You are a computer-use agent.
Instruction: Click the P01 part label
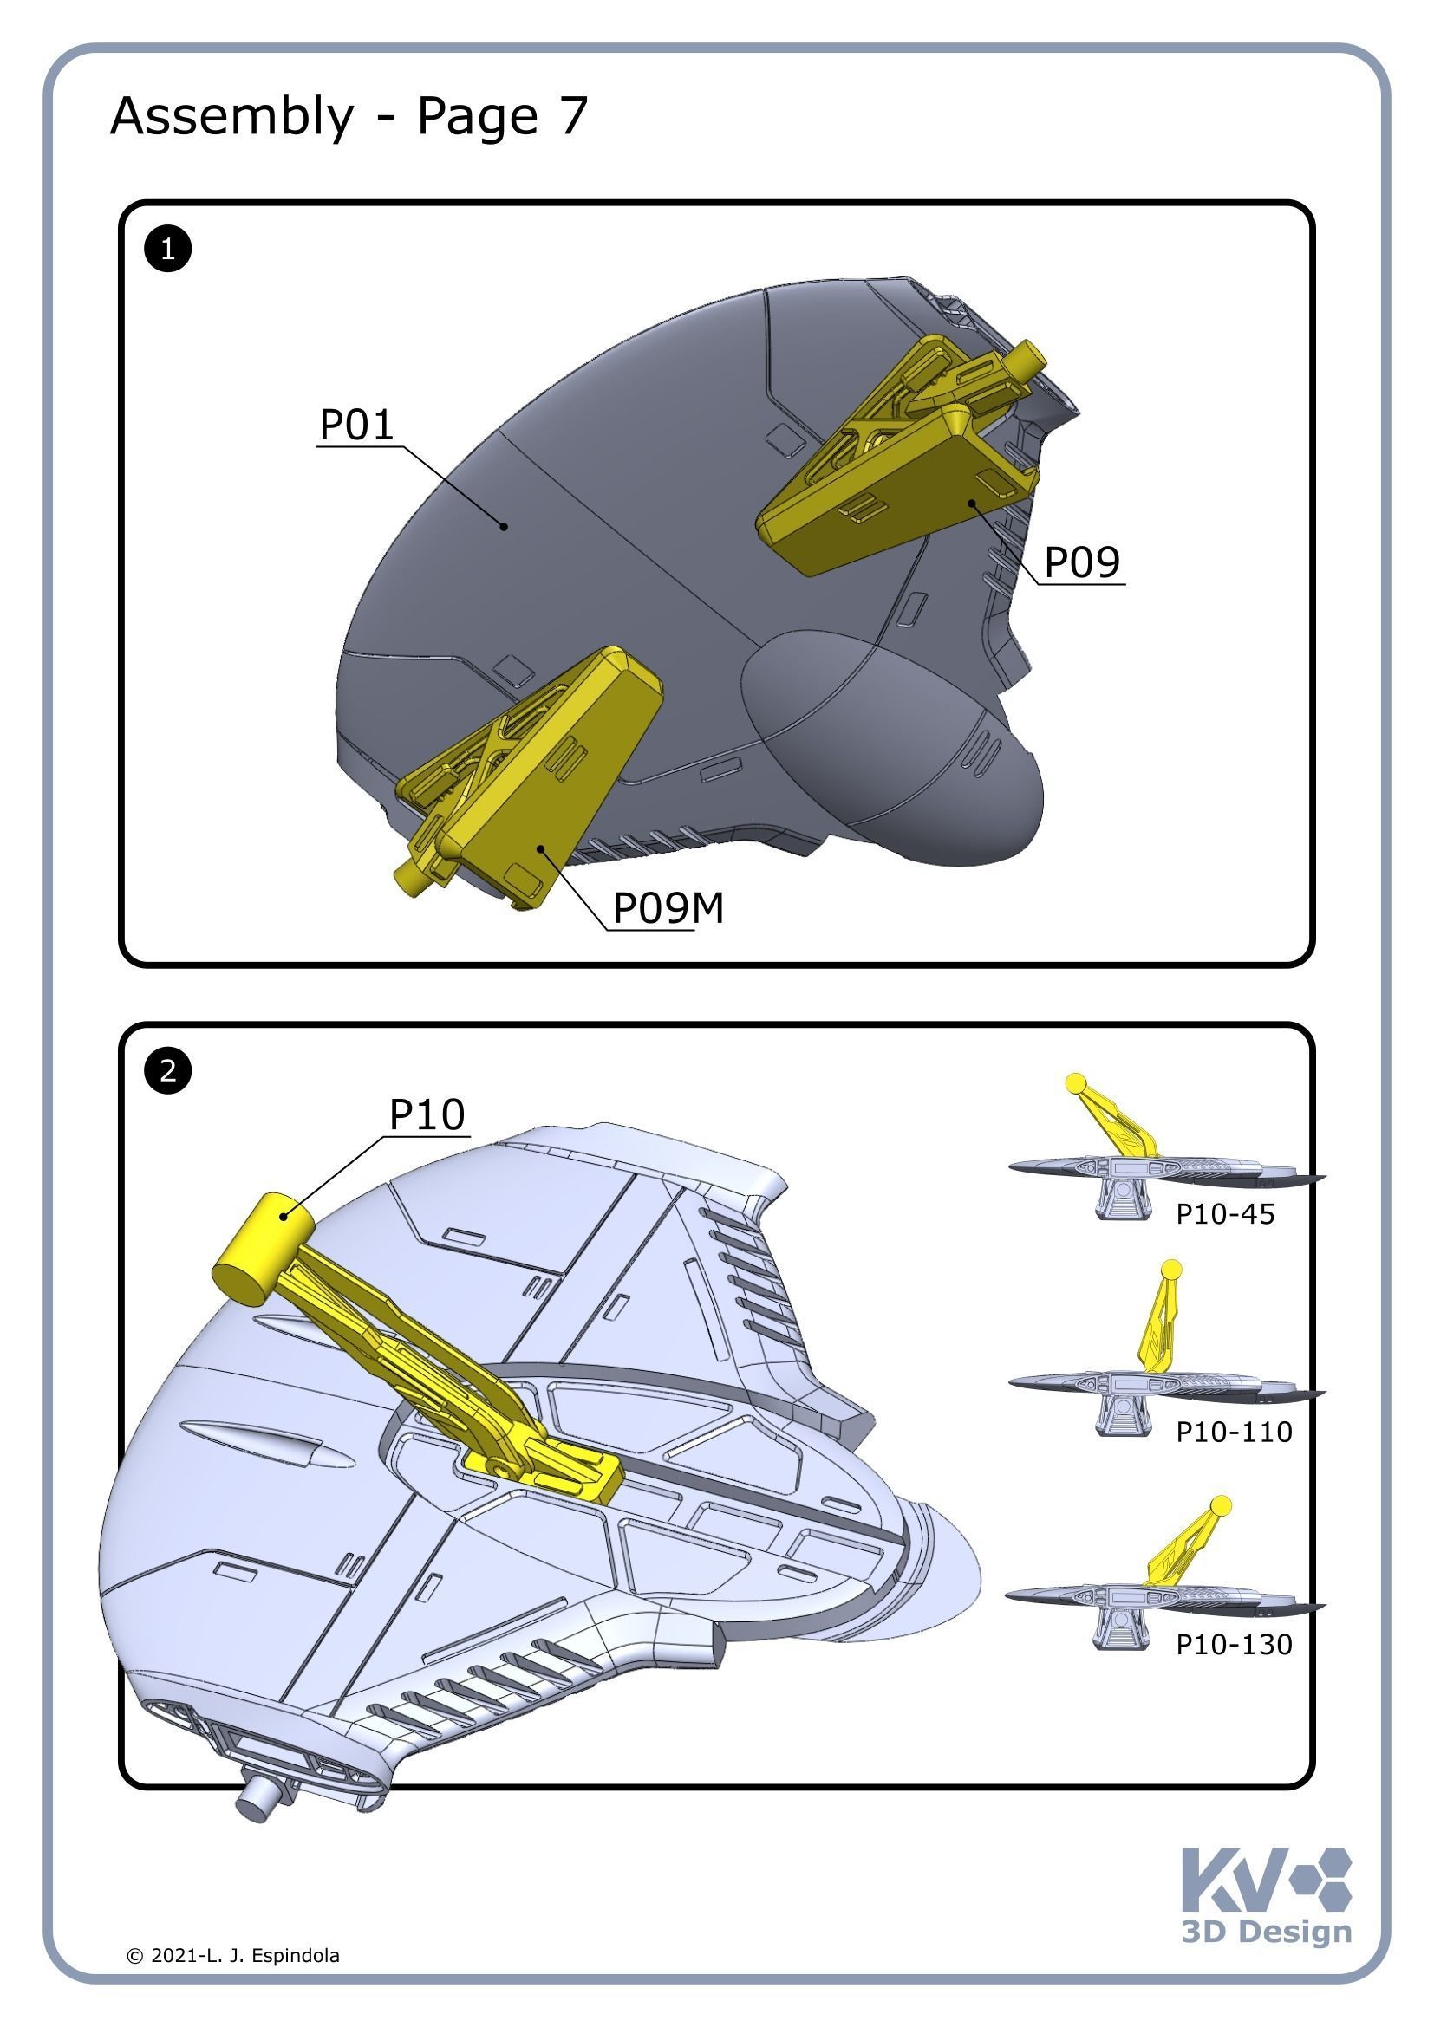click(x=355, y=425)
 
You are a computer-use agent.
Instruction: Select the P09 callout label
click(x=1082, y=562)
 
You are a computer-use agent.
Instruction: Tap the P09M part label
click(x=668, y=908)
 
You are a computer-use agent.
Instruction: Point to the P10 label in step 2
click(x=427, y=1115)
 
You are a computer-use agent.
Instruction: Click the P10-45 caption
click(x=1225, y=1215)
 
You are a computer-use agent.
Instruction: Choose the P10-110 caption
click(x=1234, y=1432)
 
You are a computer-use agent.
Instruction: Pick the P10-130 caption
click(x=1234, y=1645)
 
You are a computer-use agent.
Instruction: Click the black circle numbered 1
click(x=168, y=249)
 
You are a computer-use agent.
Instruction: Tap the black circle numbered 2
click(x=168, y=1072)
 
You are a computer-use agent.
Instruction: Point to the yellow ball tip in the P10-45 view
click(x=1075, y=1082)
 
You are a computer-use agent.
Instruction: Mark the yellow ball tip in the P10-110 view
click(x=1170, y=1270)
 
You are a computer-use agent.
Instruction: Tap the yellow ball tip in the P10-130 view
click(x=1221, y=1505)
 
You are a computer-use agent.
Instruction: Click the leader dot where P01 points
click(x=505, y=526)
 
